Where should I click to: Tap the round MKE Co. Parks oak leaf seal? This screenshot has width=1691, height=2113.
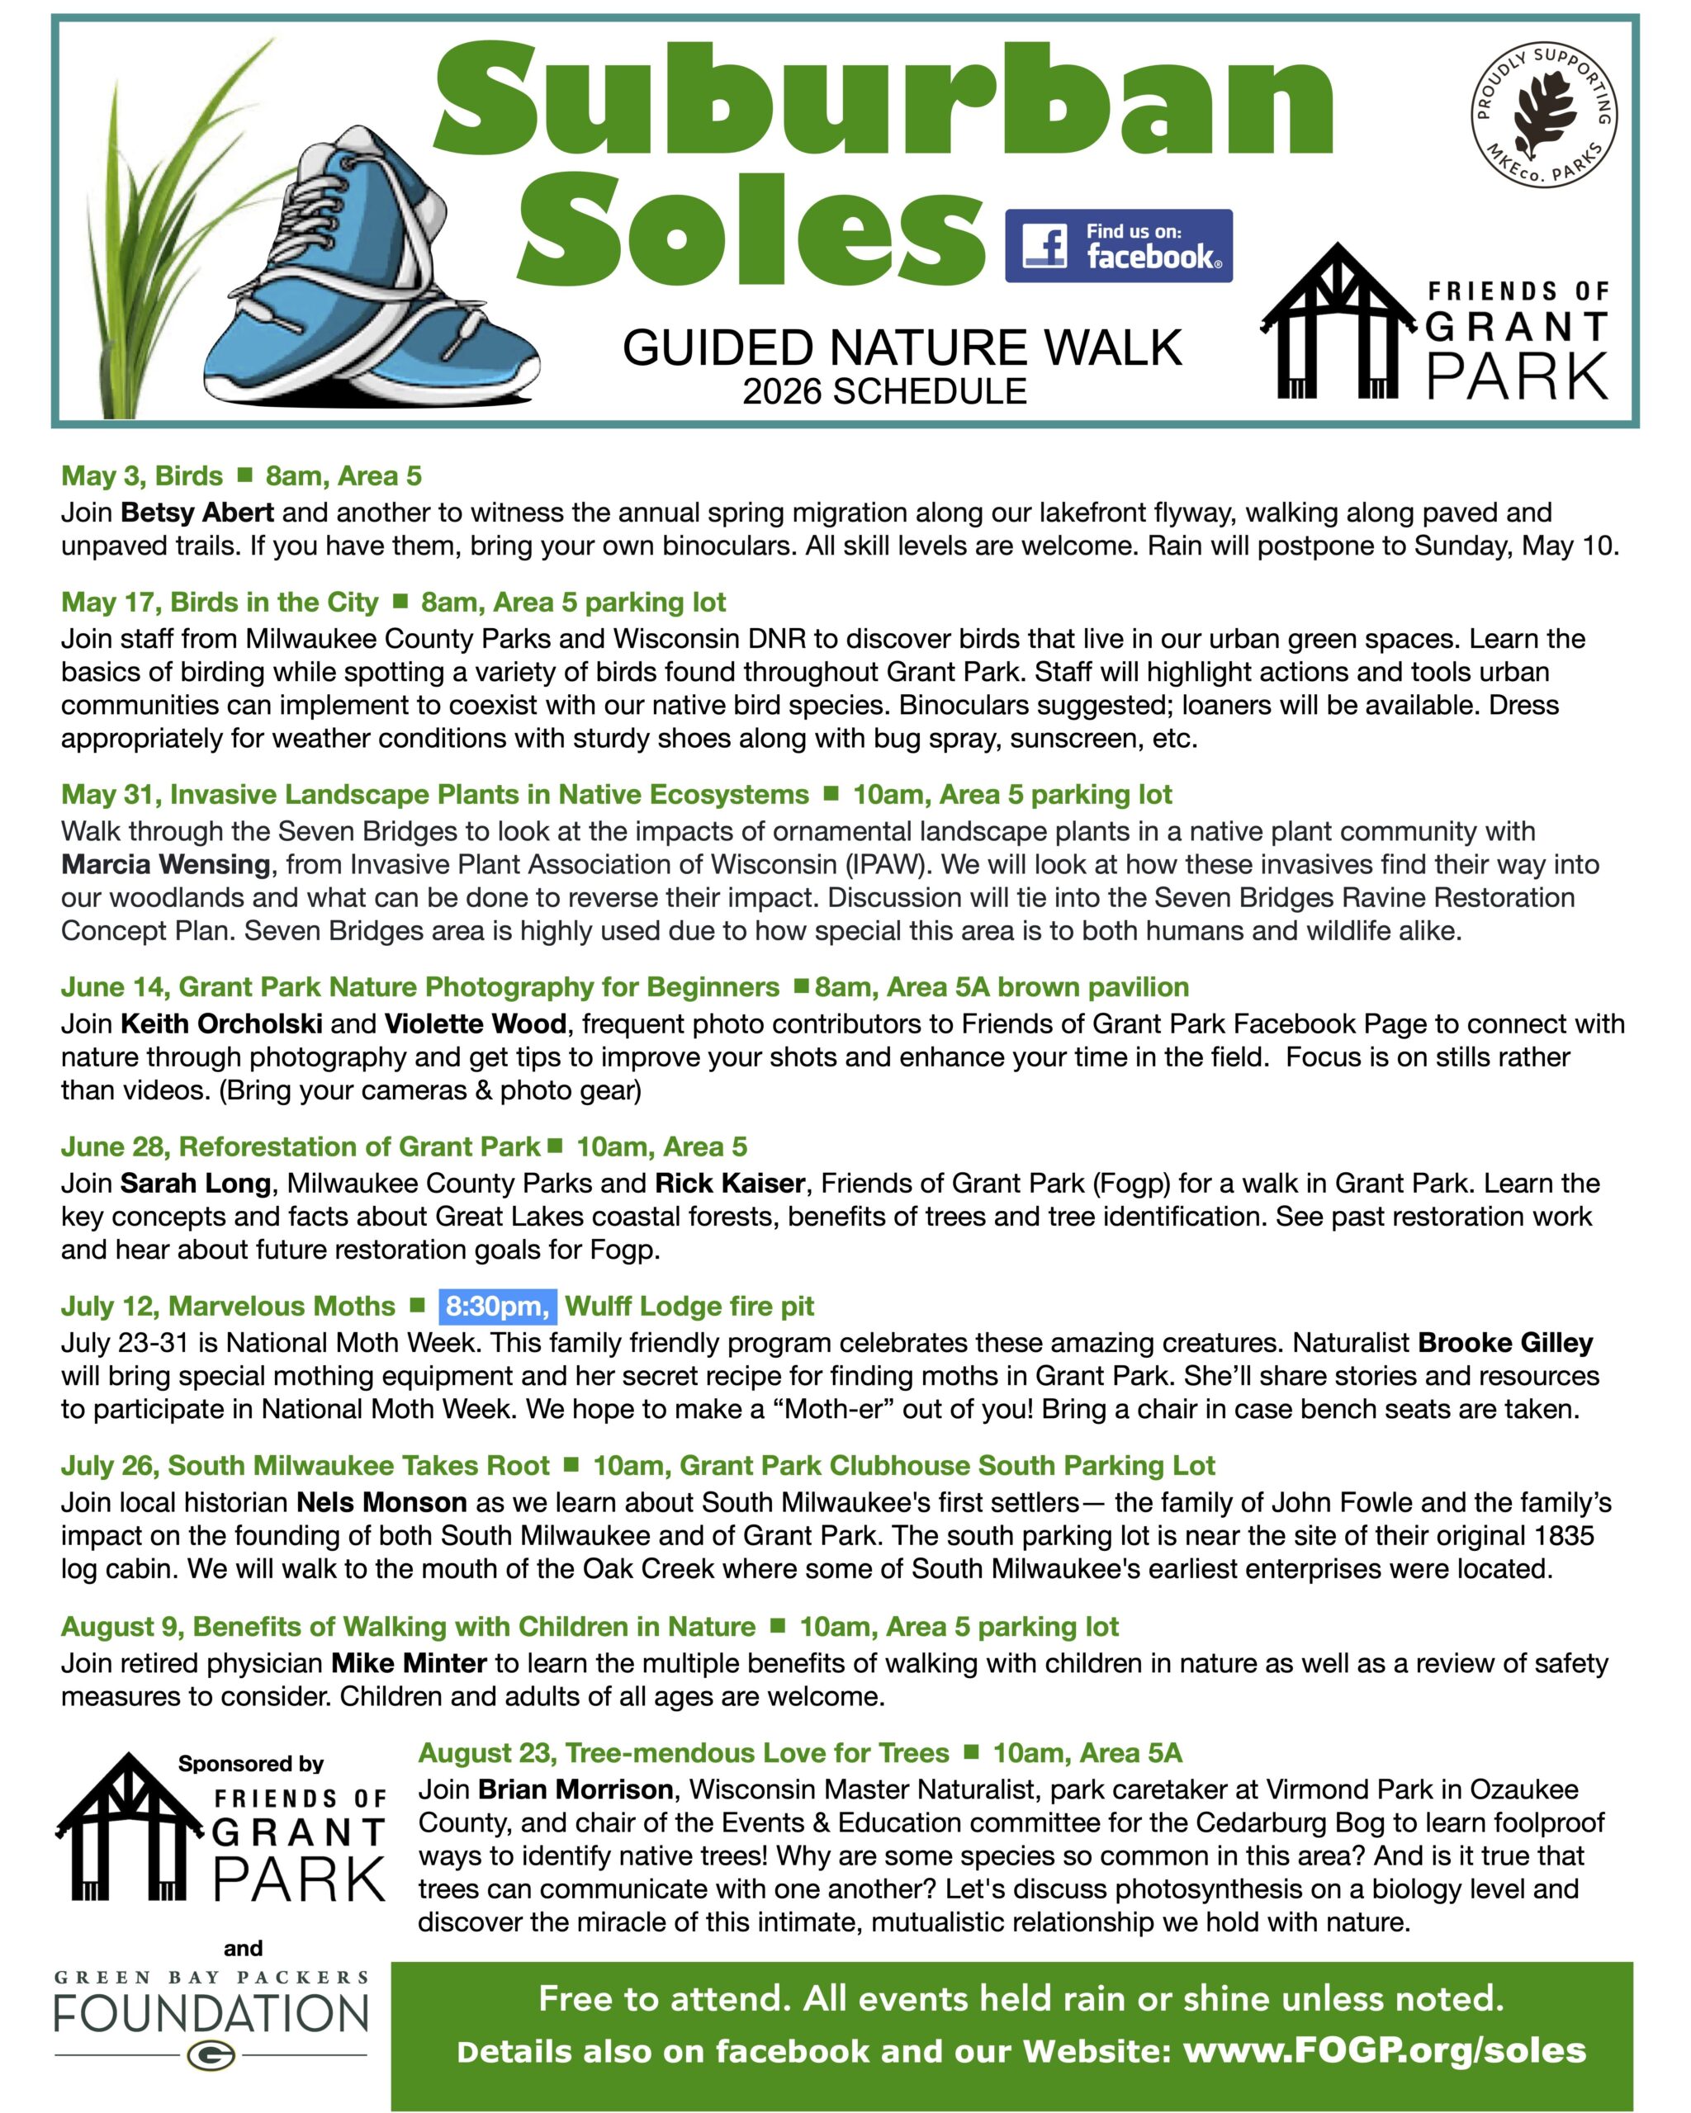(1544, 115)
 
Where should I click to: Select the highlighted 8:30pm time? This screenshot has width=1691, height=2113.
(497, 1306)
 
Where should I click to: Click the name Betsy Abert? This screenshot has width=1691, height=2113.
(197, 512)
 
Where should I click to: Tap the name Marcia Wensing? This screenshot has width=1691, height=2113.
(166, 863)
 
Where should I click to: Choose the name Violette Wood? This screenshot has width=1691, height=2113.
(475, 1023)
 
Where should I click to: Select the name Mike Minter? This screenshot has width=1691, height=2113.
(409, 1662)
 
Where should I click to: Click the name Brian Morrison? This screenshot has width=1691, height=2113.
(576, 1789)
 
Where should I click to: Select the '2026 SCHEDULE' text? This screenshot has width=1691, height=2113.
(884, 391)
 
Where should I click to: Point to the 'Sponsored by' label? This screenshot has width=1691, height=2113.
(251, 1763)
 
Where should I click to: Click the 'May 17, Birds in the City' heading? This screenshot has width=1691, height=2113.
(220, 602)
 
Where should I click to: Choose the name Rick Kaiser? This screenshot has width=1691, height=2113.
(730, 1183)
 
